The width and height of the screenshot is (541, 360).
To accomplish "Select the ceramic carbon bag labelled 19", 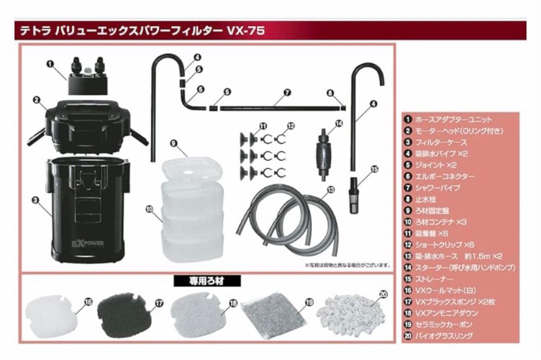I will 273,314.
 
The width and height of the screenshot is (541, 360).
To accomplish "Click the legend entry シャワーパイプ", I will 438,188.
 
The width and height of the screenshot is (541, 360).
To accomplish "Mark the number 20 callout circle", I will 383,295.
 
